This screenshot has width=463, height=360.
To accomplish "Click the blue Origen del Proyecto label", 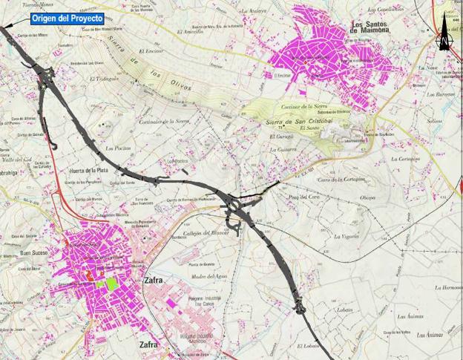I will point(66,17).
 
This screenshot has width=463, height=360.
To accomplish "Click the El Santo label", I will point(308,128).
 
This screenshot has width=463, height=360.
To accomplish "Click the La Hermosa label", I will point(448,287).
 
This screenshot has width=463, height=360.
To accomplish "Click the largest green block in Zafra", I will point(111,283).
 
